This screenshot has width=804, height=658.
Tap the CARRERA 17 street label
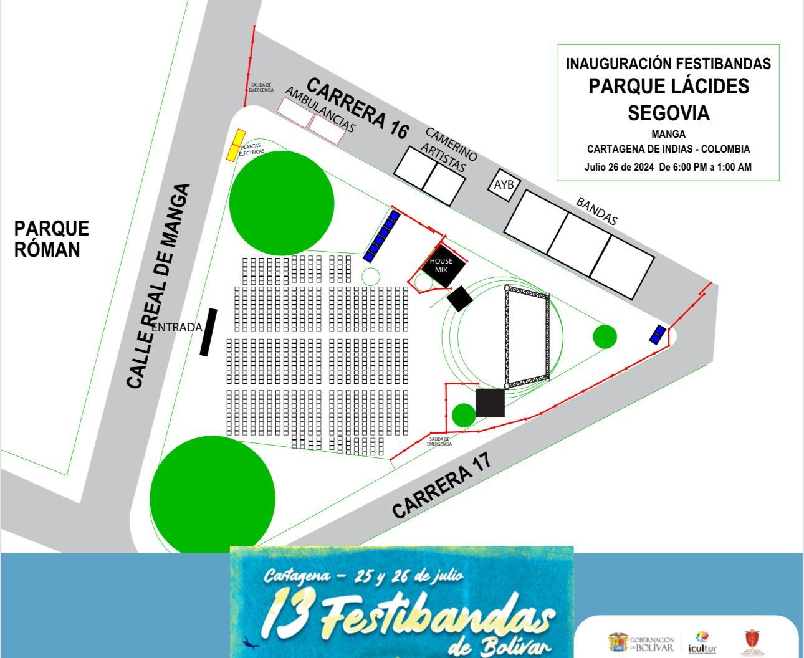442,484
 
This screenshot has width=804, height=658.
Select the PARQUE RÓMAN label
52,239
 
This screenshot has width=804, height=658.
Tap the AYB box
504,184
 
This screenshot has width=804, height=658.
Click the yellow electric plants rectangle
235,145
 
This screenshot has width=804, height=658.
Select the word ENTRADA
177,327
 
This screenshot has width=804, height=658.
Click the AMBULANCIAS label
320,110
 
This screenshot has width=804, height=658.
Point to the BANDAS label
596,211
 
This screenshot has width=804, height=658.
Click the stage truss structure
527,336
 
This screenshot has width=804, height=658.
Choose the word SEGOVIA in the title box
668,113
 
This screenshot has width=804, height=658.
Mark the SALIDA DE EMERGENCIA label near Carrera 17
439,441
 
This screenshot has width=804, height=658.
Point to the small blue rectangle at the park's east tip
658,335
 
